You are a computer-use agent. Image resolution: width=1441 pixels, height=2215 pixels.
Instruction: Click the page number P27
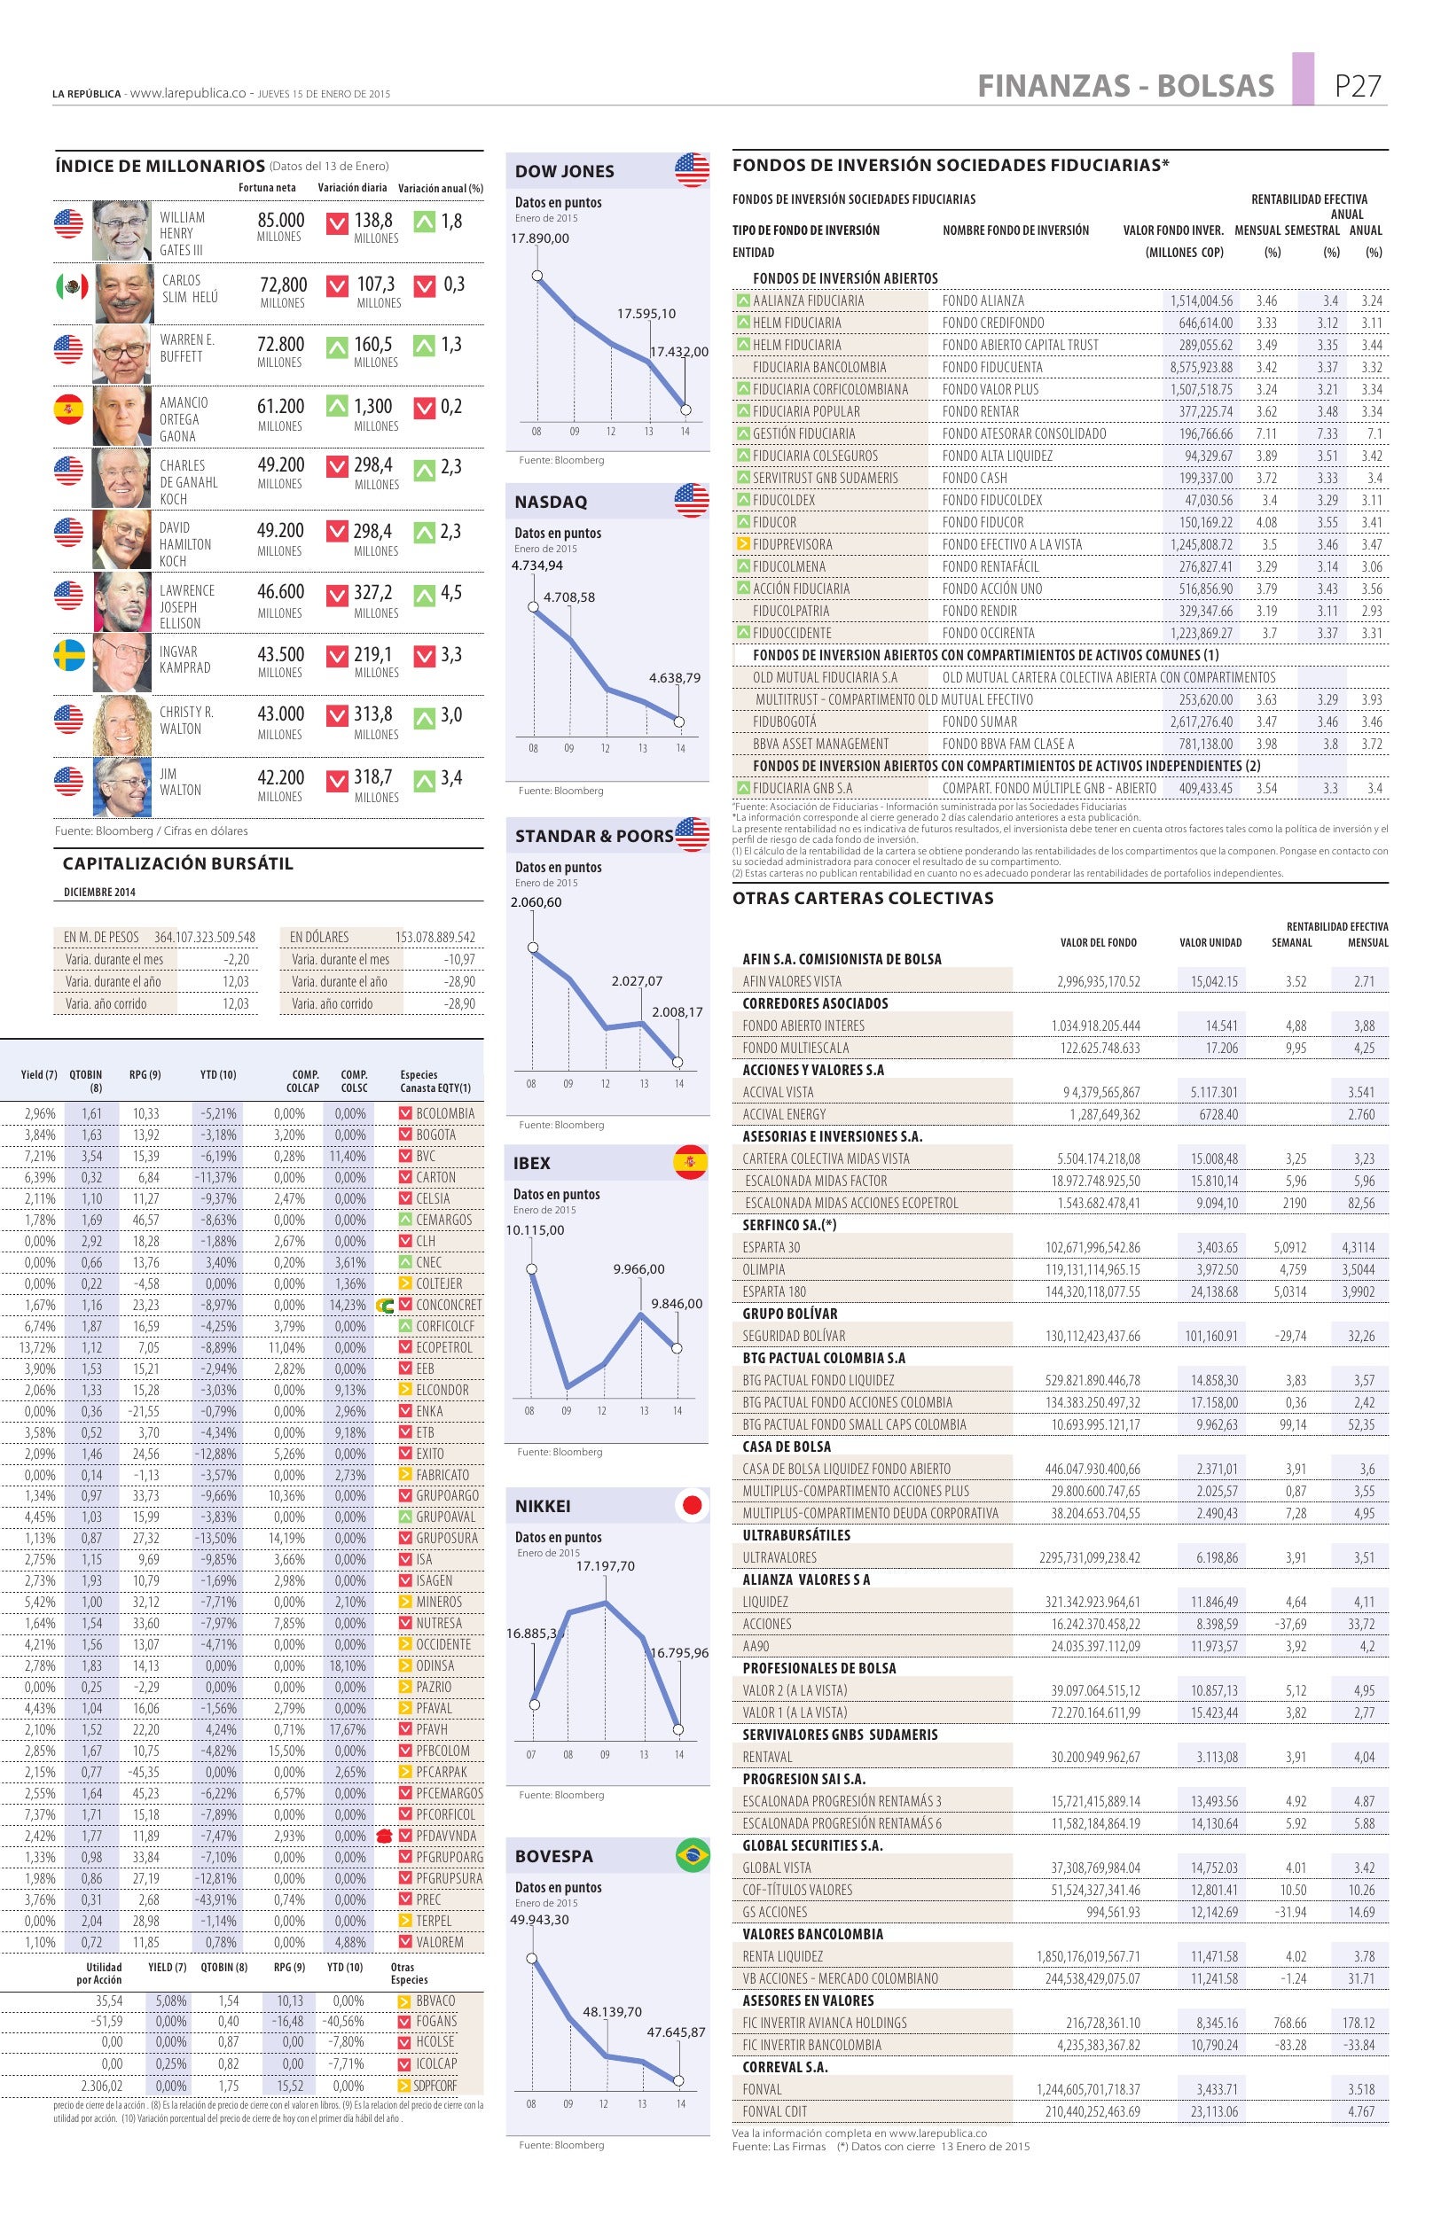pyautogui.click(x=1358, y=86)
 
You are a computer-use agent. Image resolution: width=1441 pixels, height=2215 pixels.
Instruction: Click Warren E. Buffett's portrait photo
pyautogui.click(x=121, y=355)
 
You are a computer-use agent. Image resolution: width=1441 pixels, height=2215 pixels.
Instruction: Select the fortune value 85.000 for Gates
pyautogui.click(x=280, y=221)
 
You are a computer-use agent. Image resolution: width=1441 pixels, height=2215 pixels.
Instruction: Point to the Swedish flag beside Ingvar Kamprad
pyautogui.click(x=70, y=655)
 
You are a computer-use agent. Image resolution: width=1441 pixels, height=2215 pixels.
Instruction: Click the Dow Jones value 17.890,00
pyautogui.click(x=540, y=238)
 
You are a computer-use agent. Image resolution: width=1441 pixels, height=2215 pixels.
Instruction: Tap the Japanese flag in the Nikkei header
pyautogui.click(x=691, y=1506)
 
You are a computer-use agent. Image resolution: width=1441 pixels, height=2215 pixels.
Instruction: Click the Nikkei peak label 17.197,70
pyautogui.click(x=605, y=1565)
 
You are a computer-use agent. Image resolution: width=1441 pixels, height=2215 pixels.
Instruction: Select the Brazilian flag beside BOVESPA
pyautogui.click(x=692, y=1854)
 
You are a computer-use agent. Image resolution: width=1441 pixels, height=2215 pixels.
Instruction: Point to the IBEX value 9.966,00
pyautogui.click(x=638, y=1268)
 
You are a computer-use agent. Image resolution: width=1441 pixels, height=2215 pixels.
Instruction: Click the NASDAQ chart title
pyautogui.click(x=551, y=502)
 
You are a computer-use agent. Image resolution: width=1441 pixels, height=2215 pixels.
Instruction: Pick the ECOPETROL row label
pyautogui.click(x=444, y=1346)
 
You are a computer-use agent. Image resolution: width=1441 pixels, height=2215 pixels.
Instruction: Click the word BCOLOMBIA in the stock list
pyautogui.click(x=445, y=1113)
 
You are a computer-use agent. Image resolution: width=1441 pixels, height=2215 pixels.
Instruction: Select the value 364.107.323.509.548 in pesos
pyautogui.click(x=205, y=937)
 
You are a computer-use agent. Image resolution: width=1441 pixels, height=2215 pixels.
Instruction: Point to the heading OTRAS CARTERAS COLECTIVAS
pyautogui.click(x=863, y=898)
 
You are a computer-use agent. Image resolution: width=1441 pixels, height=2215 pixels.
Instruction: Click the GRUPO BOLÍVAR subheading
pyautogui.click(x=789, y=1314)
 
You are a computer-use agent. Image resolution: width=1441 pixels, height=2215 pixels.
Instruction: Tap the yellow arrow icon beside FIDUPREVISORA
pyautogui.click(x=743, y=543)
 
